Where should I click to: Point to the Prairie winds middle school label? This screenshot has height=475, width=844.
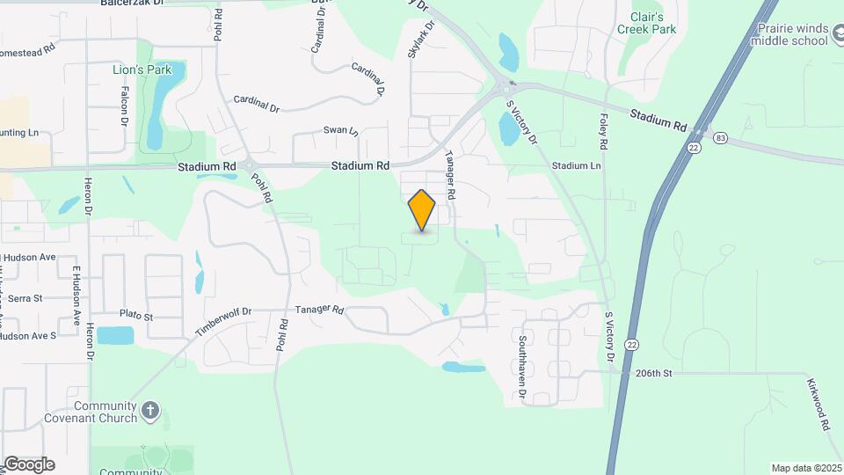(x=789, y=34)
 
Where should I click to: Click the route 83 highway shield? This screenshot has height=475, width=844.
(x=721, y=138)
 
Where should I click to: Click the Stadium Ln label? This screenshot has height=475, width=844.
(x=576, y=165)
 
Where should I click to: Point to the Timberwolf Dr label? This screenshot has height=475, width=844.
(x=223, y=323)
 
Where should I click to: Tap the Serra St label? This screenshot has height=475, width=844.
(x=25, y=298)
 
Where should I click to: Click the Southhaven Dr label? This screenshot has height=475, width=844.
(x=522, y=356)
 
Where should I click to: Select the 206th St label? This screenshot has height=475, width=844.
(x=653, y=373)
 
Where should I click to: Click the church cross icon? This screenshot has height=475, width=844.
(x=151, y=410)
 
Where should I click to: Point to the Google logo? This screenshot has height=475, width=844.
(x=29, y=464)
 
